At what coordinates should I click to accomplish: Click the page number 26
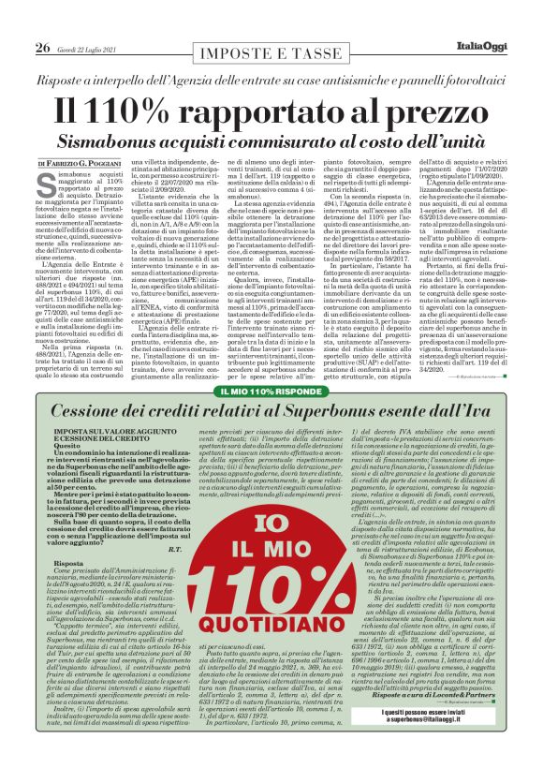coord(42,48)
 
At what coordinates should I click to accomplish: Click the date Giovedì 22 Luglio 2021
coord(91,49)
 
